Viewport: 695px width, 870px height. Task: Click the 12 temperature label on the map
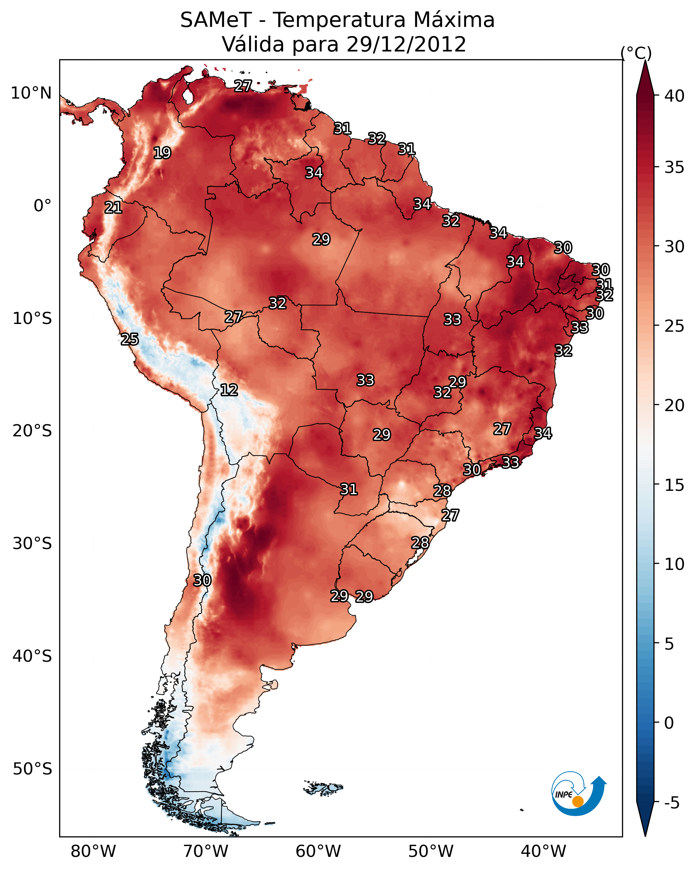point(229,390)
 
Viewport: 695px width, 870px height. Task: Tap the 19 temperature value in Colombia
point(162,153)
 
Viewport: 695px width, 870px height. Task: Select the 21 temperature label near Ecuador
point(113,208)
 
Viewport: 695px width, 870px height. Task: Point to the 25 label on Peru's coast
point(129,339)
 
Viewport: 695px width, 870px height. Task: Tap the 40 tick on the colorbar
point(674,96)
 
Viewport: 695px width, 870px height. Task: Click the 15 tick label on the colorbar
point(674,485)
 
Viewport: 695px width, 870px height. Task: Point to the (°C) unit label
point(636,53)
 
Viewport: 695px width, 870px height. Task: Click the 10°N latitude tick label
point(31,93)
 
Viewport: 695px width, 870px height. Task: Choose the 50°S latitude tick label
point(32,769)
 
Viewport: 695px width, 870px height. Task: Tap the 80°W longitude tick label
point(93,851)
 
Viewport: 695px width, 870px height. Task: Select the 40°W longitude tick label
point(543,851)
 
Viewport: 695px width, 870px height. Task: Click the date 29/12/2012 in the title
point(406,44)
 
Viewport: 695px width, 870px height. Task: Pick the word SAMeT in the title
point(216,20)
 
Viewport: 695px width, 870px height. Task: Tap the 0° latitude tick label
point(42,206)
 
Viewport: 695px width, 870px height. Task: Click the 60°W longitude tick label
point(318,851)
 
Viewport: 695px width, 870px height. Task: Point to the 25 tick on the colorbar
point(674,326)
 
